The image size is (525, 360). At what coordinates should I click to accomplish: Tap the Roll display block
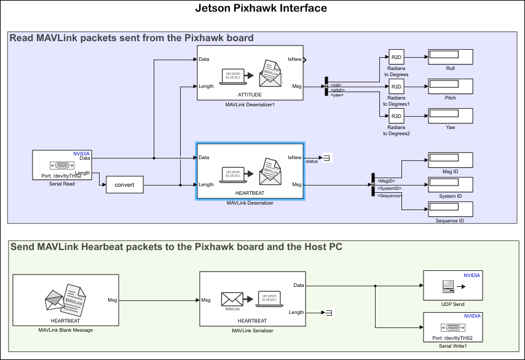[450, 57]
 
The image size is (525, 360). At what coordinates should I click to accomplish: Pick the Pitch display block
[450, 86]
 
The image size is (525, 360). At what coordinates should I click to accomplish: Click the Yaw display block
[450, 115]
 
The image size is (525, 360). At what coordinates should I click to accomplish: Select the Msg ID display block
[450, 160]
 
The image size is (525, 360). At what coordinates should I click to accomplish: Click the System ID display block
[450, 184]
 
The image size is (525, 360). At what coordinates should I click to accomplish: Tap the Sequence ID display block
[450, 209]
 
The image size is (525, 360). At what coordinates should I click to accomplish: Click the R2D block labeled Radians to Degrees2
[396, 116]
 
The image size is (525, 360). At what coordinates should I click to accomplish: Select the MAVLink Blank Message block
[65, 300]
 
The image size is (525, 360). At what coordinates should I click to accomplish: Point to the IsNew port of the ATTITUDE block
[295, 60]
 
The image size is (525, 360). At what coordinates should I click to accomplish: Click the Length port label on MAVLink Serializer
[296, 313]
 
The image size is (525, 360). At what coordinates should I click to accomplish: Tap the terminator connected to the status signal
[327, 158]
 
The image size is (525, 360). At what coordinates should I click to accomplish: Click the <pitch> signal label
[336, 90]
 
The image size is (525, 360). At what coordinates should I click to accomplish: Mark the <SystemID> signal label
[389, 188]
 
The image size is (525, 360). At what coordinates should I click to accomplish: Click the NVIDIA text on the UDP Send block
[472, 276]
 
